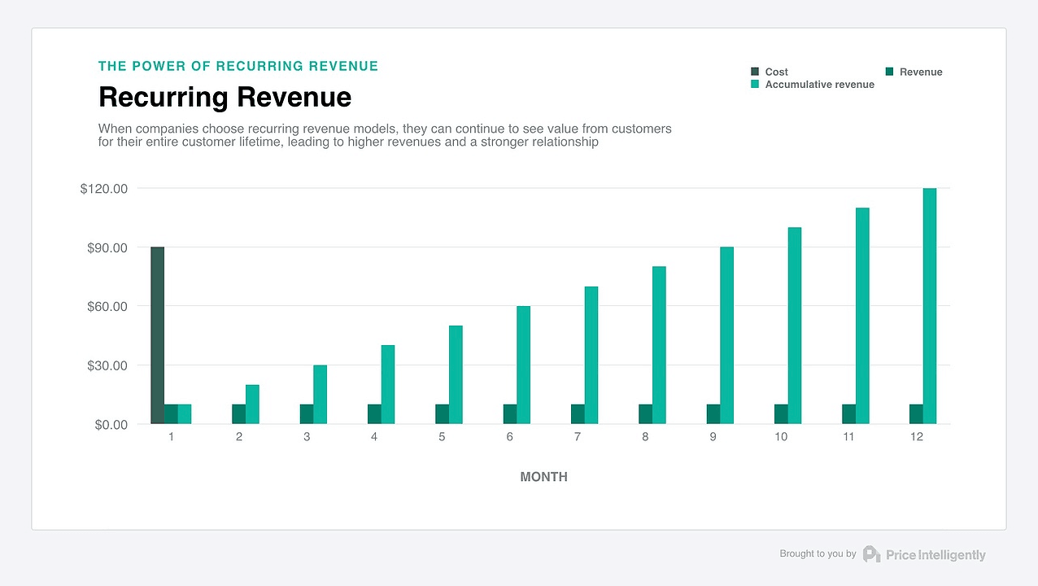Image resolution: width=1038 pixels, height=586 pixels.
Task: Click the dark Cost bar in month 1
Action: point(157,335)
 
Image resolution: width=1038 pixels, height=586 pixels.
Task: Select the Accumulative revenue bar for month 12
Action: point(930,306)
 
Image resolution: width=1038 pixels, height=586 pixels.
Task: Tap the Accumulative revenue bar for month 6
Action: point(523,365)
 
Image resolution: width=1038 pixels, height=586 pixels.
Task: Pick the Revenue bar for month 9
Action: point(713,414)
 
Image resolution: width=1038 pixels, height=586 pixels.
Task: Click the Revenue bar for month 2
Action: point(238,414)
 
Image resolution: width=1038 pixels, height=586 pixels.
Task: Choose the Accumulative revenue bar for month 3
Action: point(320,395)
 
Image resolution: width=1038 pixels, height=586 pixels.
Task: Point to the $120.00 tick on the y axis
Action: point(104,189)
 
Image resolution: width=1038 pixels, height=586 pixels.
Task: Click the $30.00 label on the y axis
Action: point(107,365)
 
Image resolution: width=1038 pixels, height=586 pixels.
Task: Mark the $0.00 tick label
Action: point(111,425)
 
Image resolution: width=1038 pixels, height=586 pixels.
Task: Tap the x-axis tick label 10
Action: point(781,437)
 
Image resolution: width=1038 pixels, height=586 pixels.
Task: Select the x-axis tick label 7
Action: point(578,437)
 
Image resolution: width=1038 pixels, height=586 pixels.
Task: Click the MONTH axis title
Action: point(543,477)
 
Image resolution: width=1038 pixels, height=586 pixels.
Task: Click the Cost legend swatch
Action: point(755,72)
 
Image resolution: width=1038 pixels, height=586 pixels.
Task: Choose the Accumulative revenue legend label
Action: point(819,85)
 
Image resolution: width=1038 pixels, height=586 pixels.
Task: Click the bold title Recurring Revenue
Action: point(225,97)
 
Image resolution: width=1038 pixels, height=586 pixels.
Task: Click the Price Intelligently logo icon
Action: point(871,554)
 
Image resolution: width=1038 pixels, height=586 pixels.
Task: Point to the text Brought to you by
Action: point(818,553)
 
